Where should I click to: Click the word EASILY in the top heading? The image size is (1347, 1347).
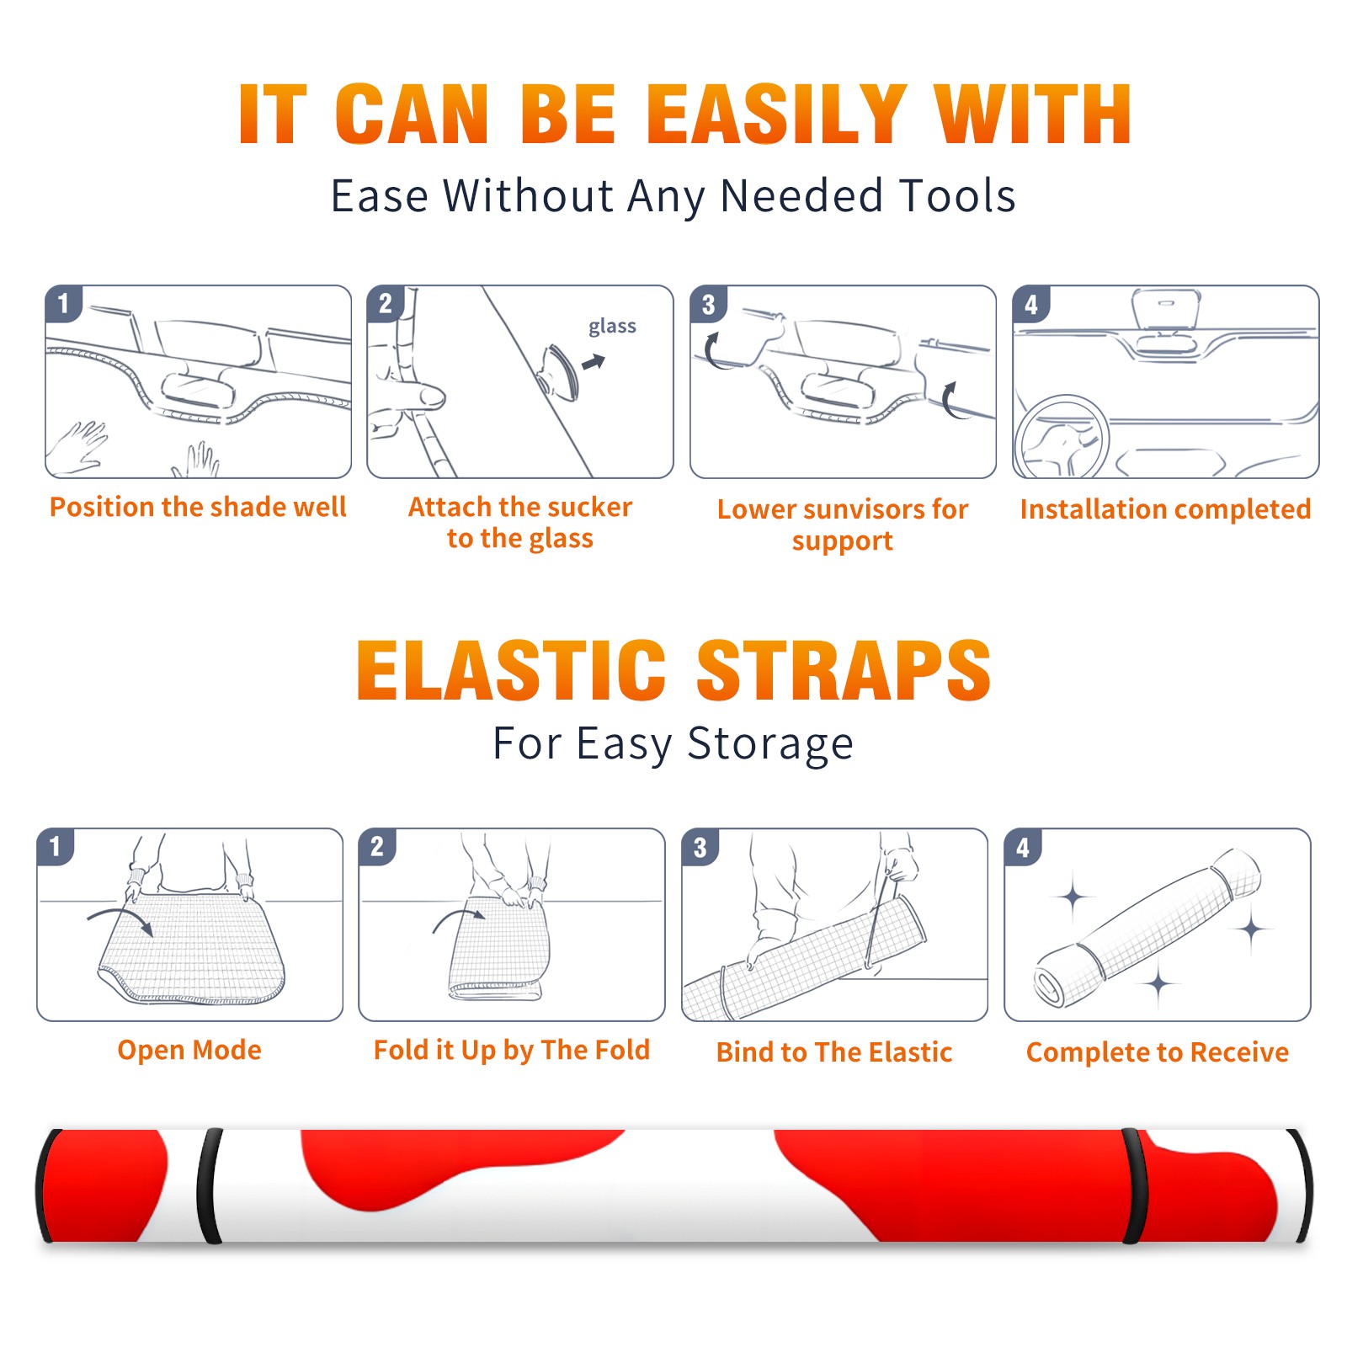(776, 114)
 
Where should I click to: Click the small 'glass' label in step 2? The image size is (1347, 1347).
(612, 327)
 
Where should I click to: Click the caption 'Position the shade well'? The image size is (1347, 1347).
(198, 507)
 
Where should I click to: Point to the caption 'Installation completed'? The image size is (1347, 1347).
(1165, 508)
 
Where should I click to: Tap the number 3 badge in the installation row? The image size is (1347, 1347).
(708, 304)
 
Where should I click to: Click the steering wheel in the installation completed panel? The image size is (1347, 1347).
(1062, 437)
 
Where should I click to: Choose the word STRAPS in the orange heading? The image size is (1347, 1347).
(844, 670)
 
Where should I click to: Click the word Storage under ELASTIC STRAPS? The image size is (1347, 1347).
(770, 744)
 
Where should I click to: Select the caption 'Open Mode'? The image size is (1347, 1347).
(189, 1050)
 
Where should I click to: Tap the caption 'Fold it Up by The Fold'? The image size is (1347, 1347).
(512, 1051)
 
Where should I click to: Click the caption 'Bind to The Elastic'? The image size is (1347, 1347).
(834, 1052)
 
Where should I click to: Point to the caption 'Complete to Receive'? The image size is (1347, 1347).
(1158, 1052)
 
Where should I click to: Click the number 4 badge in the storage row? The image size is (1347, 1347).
(1023, 847)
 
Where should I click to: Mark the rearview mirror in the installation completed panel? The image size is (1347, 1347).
(1166, 310)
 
